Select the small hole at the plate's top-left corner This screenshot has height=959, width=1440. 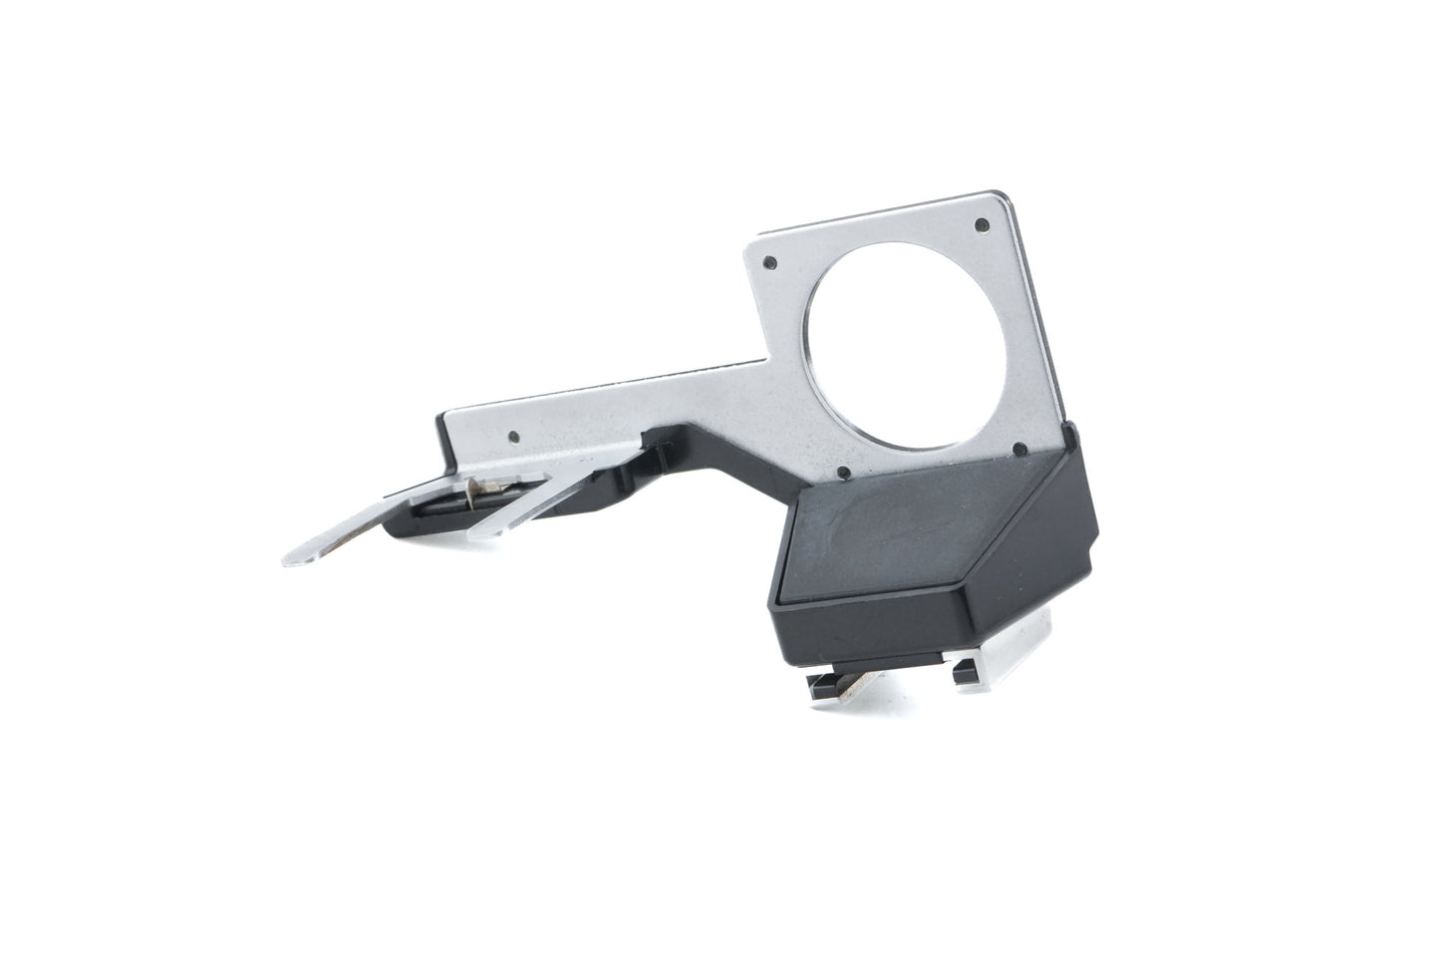(x=768, y=263)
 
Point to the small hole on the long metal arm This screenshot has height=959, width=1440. (x=512, y=436)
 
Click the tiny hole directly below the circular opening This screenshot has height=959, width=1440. (x=843, y=472)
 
